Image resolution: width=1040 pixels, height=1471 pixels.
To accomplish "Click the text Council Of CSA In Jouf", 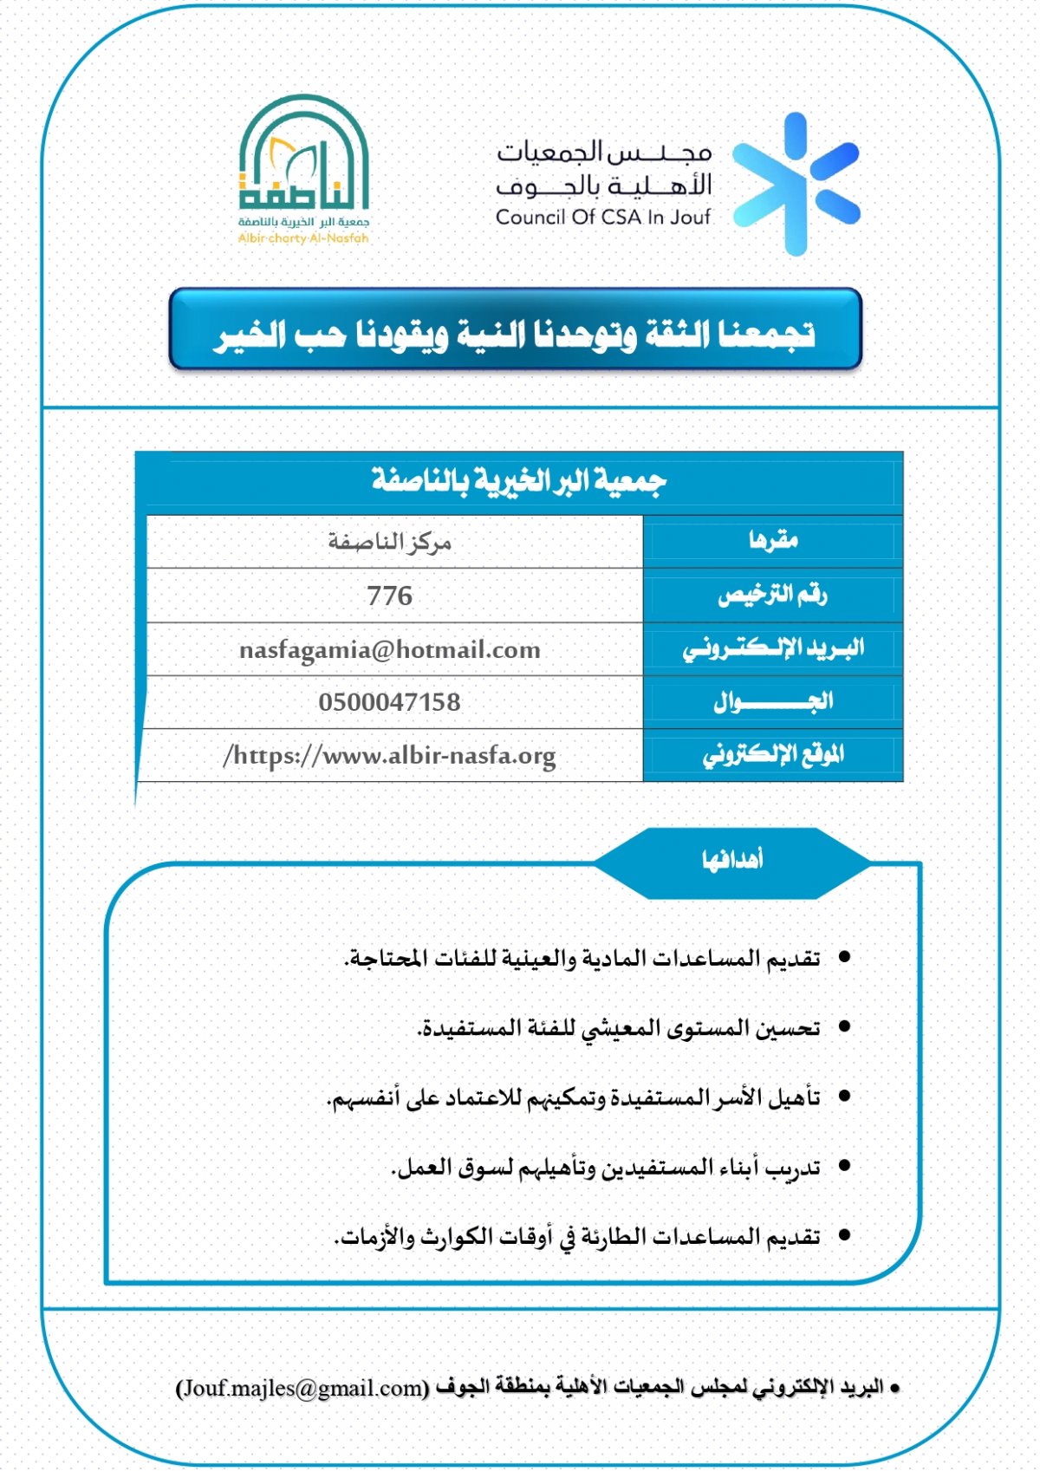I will pyautogui.click(x=603, y=218).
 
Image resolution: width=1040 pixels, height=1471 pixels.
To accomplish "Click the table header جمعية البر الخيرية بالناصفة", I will pyautogui.click(x=519, y=480).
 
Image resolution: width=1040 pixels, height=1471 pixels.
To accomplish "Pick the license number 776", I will pyautogui.click(x=390, y=596).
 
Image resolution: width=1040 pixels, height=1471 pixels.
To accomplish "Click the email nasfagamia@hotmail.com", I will pyautogui.click(x=390, y=649).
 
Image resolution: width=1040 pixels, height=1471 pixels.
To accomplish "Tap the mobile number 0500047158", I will pyautogui.click(x=390, y=702).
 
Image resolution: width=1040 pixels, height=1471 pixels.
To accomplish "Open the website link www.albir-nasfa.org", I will pyautogui.click(x=390, y=756).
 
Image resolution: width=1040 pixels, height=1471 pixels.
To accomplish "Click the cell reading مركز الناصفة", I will pyautogui.click(x=390, y=542).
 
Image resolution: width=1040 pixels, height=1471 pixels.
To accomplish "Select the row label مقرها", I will pyautogui.click(x=773, y=541).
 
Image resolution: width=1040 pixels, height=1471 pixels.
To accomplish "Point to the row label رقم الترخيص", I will pyautogui.click(x=772, y=595).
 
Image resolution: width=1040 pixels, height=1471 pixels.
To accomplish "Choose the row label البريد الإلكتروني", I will pyautogui.click(x=773, y=648).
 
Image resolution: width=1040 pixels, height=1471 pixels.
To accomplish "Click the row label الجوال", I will pyautogui.click(x=773, y=701).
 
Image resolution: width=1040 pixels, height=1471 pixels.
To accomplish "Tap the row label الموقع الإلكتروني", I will pyautogui.click(x=773, y=755).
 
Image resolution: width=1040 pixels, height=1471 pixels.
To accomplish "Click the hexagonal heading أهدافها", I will pyautogui.click(x=732, y=861).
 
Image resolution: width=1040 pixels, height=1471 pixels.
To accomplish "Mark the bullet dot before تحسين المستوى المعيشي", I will pyautogui.click(x=844, y=1027).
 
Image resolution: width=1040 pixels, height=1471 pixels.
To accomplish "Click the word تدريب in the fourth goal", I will pyautogui.click(x=795, y=1168).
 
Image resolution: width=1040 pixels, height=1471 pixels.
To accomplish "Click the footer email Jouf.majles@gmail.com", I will pyautogui.click(x=302, y=1388).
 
